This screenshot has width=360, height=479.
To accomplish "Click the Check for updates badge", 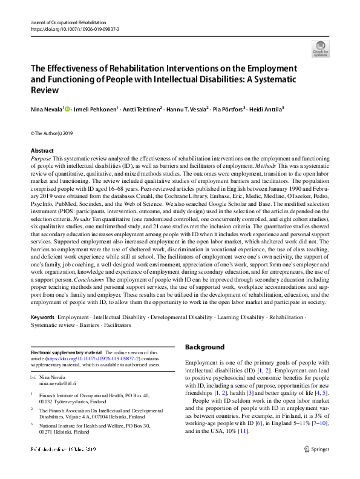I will [320, 48].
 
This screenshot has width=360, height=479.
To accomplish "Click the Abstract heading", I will [43, 150].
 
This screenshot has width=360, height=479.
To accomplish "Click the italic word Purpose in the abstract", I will [41, 157].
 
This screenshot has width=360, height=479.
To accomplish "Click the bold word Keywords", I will [43, 317].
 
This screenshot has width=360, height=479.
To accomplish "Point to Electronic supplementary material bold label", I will [67, 352].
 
